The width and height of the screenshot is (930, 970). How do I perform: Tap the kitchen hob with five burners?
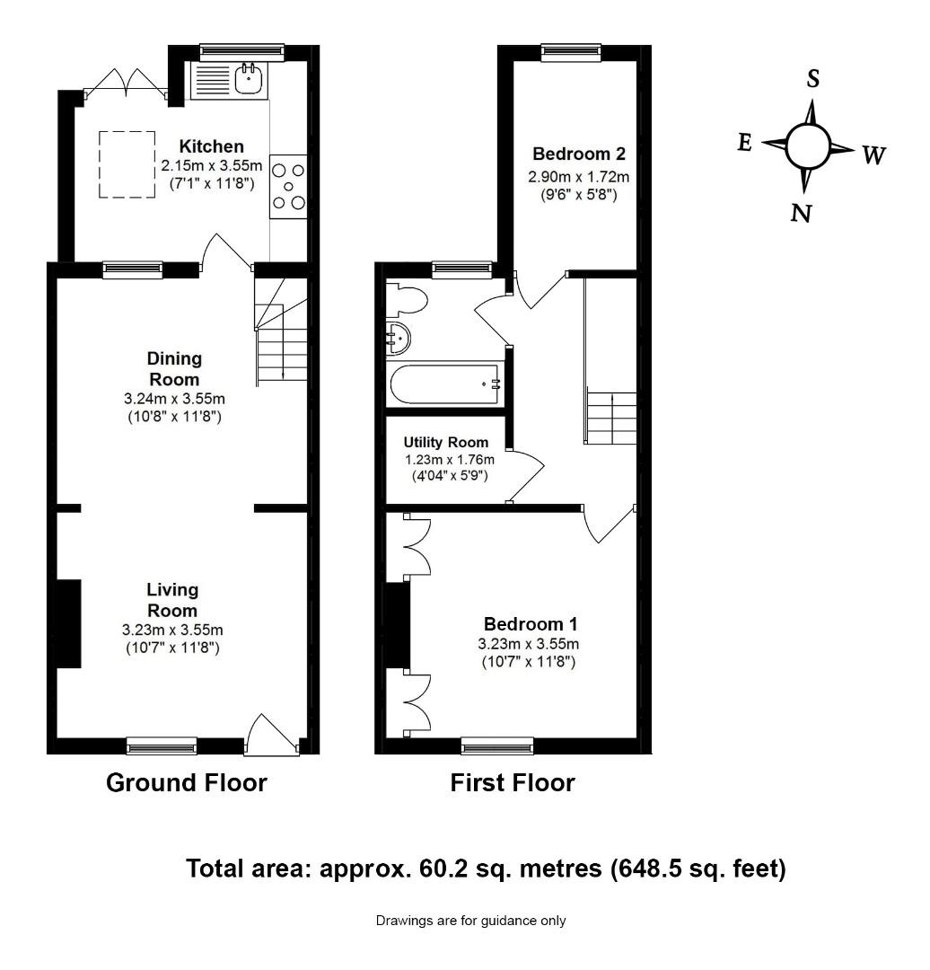pyautogui.click(x=288, y=186)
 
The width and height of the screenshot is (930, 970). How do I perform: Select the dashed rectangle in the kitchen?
pyautogui.click(x=127, y=164)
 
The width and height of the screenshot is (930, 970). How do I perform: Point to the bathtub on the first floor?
pyautogui.click(x=444, y=384)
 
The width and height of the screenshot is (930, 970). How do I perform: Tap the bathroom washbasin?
pyautogui.click(x=398, y=339)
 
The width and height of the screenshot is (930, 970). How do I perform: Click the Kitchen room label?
pyautogui.click(x=212, y=146)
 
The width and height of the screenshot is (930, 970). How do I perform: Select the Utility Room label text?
pyautogui.click(x=446, y=442)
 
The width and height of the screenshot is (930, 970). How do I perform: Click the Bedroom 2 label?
pyautogui.click(x=579, y=154)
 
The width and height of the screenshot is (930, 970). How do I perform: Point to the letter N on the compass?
pyautogui.click(x=801, y=214)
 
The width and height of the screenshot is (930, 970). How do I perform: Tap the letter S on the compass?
pyautogui.click(x=813, y=78)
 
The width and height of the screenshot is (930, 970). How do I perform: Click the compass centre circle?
pyautogui.click(x=807, y=146)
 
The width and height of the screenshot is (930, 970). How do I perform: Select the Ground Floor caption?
pyautogui.click(x=187, y=782)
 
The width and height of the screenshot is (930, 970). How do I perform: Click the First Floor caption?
pyautogui.click(x=513, y=782)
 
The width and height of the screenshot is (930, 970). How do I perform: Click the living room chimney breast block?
pyautogui.click(x=68, y=623)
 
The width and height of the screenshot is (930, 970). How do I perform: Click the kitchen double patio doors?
pyautogui.click(x=127, y=84)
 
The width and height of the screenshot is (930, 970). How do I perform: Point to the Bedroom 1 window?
pyautogui.click(x=498, y=746)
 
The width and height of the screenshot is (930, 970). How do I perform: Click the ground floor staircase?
pyautogui.click(x=282, y=331)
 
